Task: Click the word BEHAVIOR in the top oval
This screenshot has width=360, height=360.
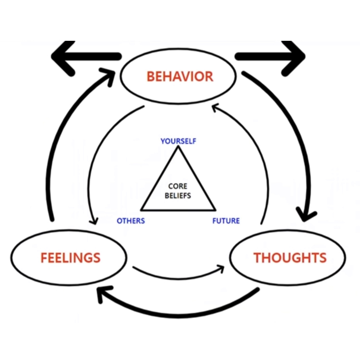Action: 180,76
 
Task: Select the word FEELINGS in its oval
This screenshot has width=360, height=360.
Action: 70,258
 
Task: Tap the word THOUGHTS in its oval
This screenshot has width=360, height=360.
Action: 290,258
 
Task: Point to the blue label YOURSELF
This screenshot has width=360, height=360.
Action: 178,141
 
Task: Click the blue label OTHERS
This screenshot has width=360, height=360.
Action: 131,221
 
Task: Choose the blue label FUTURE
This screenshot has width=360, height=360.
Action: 226,221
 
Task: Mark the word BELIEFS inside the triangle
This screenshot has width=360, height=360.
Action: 178,195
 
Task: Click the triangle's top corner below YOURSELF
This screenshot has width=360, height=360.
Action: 178,148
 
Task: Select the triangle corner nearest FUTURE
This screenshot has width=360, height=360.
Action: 214,209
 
